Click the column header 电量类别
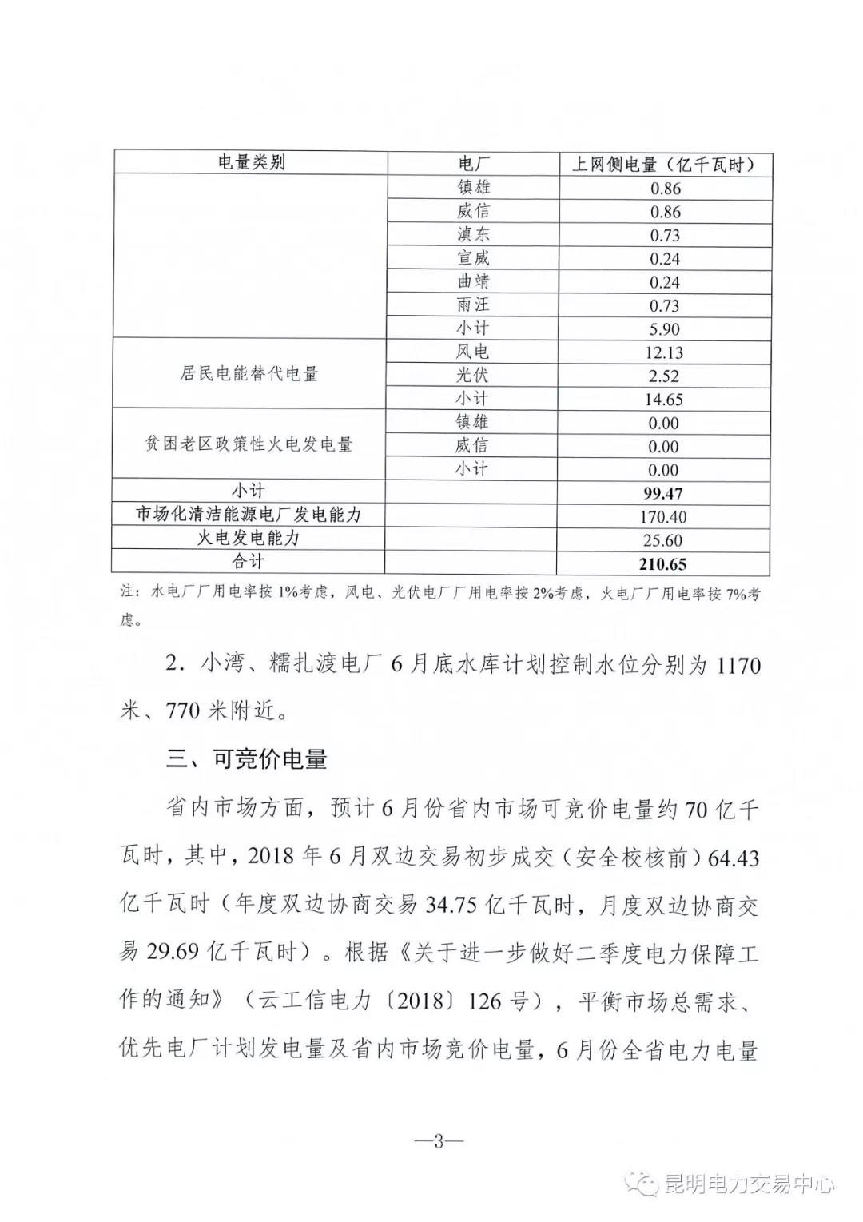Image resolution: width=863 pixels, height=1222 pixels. click(x=251, y=163)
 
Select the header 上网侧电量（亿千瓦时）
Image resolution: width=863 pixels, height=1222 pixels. click(x=663, y=165)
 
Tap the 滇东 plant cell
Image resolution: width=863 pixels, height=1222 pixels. click(x=473, y=234)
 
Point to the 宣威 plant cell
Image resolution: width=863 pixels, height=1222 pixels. click(x=473, y=257)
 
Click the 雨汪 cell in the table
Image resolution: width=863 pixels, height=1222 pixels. click(x=473, y=305)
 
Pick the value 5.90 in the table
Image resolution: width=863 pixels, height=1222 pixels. click(x=664, y=329)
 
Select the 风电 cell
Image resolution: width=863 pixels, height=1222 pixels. click(x=473, y=352)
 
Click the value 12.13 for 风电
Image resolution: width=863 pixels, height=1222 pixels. click(x=664, y=352)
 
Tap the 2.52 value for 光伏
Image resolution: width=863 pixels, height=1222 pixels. click(x=664, y=376)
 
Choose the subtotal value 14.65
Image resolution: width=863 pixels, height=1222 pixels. click(x=664, y=400)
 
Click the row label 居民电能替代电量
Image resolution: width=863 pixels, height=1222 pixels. click(x=249, y=374)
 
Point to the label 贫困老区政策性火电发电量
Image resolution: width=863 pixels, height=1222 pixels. click(x=249, y=444)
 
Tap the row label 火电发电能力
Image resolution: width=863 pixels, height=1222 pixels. click(x=249, y=538)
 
